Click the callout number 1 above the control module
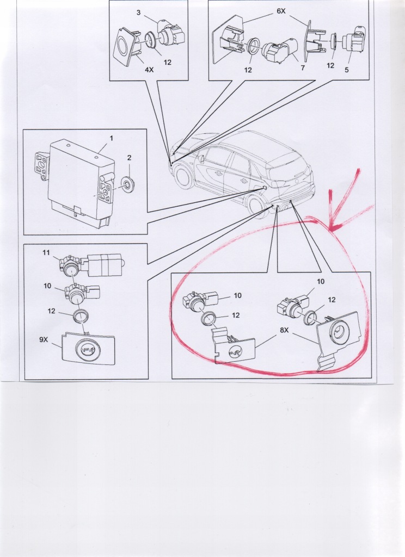(111, 138)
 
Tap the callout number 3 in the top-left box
(138, 13)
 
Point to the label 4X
(149, 70)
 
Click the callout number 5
(346, 70)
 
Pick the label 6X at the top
(281, 11)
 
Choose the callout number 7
(303, 67)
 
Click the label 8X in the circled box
(284, 330)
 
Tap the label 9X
(44, 339)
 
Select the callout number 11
(46, 253)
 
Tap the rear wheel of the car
(255, 207)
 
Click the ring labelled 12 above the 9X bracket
(81, 316)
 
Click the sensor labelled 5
(354, 41)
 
